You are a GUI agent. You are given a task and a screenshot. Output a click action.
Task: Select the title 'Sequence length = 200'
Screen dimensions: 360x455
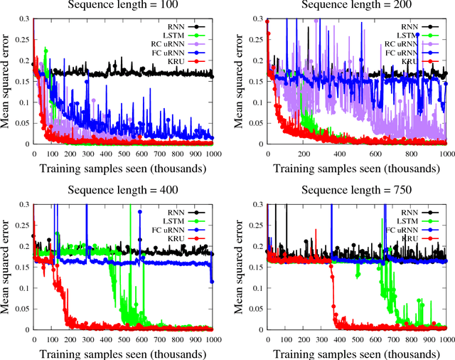(x=357, y=6)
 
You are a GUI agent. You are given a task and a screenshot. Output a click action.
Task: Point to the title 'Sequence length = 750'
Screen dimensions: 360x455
(x=357, y=189)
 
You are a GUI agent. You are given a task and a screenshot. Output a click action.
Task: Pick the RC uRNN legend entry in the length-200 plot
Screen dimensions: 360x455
(x=405, y=43)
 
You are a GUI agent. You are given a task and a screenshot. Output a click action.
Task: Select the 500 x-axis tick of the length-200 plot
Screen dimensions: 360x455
(x=357, y=153)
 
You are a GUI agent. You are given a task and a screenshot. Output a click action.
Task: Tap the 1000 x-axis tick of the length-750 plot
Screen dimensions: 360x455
(x=446, y=336)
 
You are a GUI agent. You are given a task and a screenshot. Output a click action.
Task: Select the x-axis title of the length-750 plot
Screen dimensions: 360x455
(x=357, y=352)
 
